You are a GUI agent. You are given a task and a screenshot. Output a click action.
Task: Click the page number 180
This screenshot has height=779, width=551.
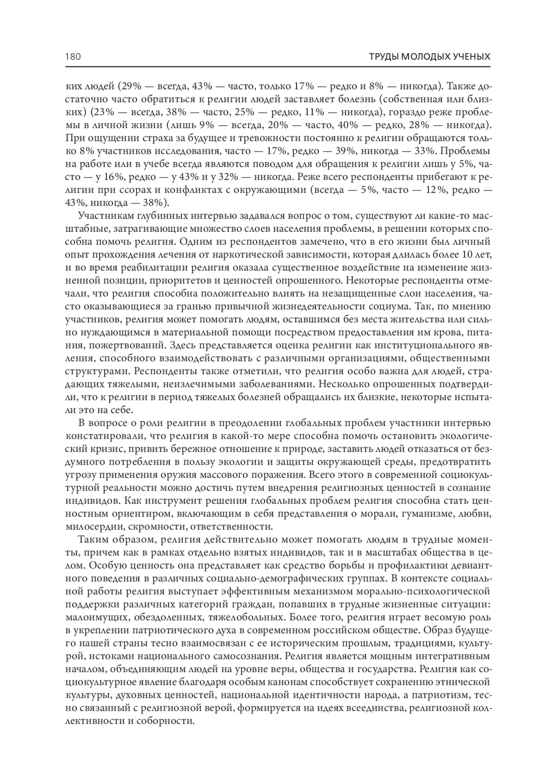[x=73, y=57]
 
